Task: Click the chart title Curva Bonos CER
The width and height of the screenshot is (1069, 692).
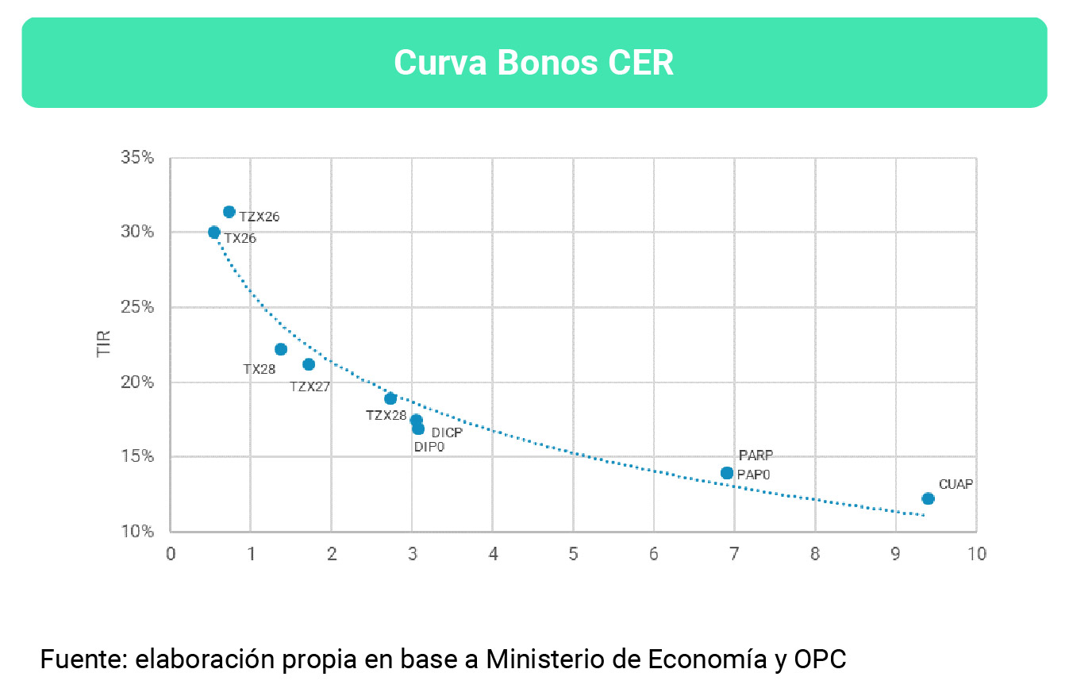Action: point(533,63)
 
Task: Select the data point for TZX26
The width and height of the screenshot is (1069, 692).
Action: point(229,212)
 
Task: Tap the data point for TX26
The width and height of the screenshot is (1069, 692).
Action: point(214,233)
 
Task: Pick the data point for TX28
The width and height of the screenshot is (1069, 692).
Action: point(280,349)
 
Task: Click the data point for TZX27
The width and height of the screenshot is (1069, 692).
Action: point(309,364)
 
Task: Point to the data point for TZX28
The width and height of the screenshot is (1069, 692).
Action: point(390,398)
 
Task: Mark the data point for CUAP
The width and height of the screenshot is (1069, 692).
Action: point(928,498)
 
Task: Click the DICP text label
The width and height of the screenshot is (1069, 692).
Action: point(447,432)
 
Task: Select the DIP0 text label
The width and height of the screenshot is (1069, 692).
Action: point(429,447)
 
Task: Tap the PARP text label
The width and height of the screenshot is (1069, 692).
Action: point(756,456)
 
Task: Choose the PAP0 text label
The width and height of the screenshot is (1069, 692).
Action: point(754,475)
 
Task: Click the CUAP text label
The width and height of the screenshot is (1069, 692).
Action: point(956,484)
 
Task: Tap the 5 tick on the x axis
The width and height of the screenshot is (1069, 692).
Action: point(573,554)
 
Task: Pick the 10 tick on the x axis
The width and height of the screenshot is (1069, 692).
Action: point(976,554)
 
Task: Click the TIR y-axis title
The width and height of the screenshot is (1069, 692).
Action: point(104,344)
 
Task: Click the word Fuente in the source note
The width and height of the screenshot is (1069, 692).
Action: point(83,659)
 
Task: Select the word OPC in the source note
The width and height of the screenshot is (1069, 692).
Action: point(820,659)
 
